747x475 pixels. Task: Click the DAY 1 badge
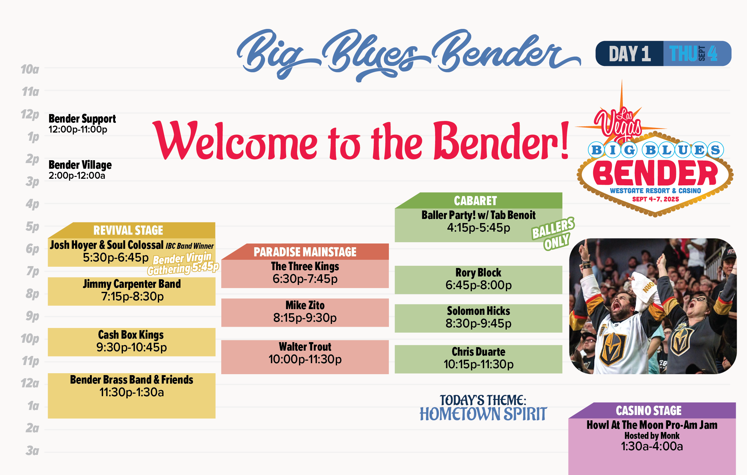[x=629, y=53]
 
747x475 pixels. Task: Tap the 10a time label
[x=30, y=69]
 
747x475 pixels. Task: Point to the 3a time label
[x=32, y=451]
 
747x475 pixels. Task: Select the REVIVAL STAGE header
[x=128, y=230]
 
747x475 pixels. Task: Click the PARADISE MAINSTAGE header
[x=305, y=252]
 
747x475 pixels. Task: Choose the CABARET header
[x=475, y=201]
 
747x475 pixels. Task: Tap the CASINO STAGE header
[x=649, y=411]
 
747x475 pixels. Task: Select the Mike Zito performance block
[x=305, y=312]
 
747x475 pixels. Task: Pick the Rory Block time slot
[x=478, y=280]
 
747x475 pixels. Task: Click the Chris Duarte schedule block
[x=478, y=359]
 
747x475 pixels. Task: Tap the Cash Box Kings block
[x=131, y=342]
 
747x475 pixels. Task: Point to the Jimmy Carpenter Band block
[x=131, y=291]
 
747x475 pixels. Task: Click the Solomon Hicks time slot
[x=478, y=318]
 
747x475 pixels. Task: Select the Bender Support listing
[x=82, y=123]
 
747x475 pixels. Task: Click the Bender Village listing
[x=80, y=170]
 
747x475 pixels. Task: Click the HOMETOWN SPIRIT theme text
[x=483, y=414]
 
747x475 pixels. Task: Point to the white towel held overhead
[x=645, y=289]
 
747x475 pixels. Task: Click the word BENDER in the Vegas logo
[x=655, y=173]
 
